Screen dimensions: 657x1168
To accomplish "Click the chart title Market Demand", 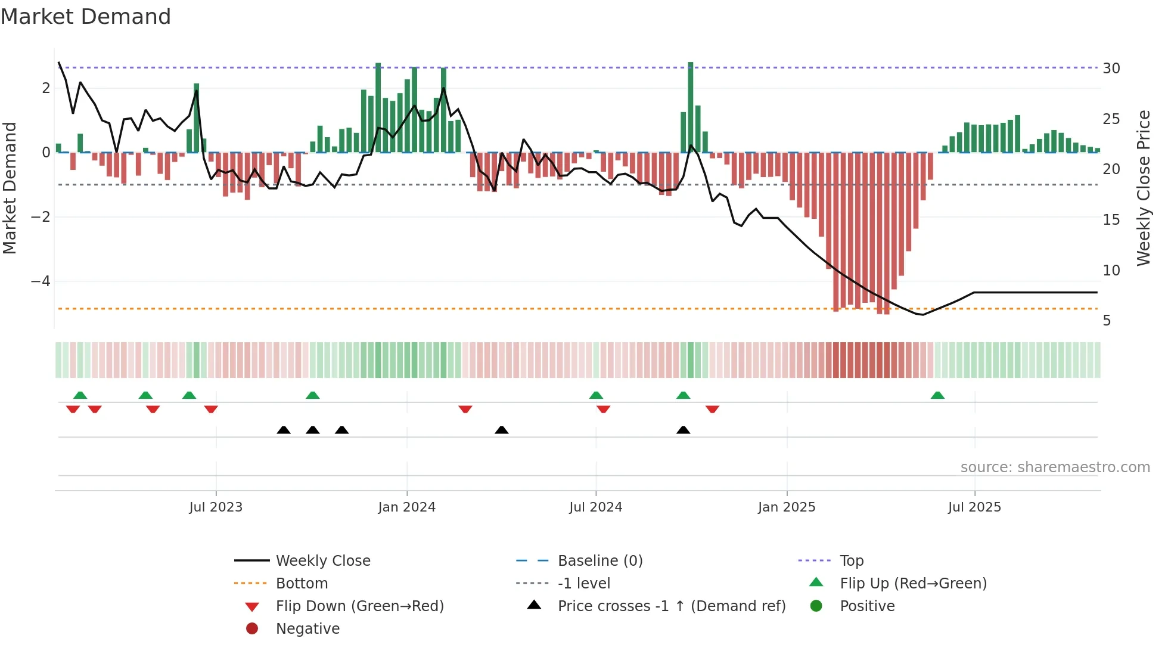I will point(86,17).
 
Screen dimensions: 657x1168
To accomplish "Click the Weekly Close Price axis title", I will point(1144,188).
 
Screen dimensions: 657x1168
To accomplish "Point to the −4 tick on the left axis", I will point(41,281).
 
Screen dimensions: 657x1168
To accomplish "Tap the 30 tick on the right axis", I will point(1111,68).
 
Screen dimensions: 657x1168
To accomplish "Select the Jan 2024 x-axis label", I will point(406,507).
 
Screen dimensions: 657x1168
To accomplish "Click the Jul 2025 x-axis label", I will point(974,507).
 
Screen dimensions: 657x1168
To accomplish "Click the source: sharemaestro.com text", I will point(1055,467).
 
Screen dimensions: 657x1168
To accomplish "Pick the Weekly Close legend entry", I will point(322,561).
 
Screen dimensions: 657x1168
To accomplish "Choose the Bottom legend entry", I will point(302,584).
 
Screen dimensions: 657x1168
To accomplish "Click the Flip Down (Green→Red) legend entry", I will point(359,606).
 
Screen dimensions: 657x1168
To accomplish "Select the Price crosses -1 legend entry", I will point(671,606).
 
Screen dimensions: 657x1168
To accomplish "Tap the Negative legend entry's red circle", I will point(252,629).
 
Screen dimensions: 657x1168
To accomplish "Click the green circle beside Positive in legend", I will point(816,606).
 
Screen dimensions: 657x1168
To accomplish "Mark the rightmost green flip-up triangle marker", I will point(937,395).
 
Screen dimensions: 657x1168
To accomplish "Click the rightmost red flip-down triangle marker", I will point(712,409).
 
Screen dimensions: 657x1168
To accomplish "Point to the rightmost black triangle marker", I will point(684,430).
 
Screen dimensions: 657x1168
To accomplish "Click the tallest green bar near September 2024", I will point(691,107).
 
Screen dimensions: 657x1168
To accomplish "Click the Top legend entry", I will point(851,561).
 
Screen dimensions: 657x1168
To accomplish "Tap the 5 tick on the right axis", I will point(1107,321).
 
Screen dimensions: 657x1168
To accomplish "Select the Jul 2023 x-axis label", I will point(216,507).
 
